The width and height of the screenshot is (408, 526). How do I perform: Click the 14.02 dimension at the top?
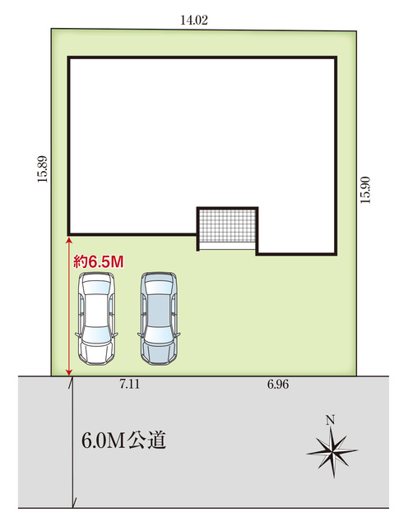pos(194,20)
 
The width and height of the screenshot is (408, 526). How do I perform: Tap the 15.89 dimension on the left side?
pos(43,169)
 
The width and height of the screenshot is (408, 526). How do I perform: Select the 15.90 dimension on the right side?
pos(365,190)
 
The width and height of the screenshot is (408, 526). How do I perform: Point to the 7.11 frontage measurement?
pos(130,384)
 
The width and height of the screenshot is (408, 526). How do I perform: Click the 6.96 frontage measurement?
pos(278,384)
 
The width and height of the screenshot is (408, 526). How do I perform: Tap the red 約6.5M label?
pos(99,261)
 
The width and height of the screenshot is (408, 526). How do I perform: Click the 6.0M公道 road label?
pos(124,441)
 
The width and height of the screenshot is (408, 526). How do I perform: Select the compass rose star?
pos(332,452)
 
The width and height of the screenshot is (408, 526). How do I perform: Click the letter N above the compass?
pos(331,420)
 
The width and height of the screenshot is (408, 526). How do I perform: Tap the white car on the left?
pos(96,318)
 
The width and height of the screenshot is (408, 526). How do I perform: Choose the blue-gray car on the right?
pos(159,318)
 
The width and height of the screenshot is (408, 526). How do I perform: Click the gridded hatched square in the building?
pos(227,225)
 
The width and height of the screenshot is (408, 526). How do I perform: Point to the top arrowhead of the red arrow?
pos(69,239)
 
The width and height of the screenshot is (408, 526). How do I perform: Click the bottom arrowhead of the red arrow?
pos(69,372)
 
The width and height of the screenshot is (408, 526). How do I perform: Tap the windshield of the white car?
pos(96,335)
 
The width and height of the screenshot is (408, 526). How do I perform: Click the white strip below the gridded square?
pos(227,246)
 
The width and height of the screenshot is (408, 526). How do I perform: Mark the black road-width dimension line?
pos(73,442)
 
